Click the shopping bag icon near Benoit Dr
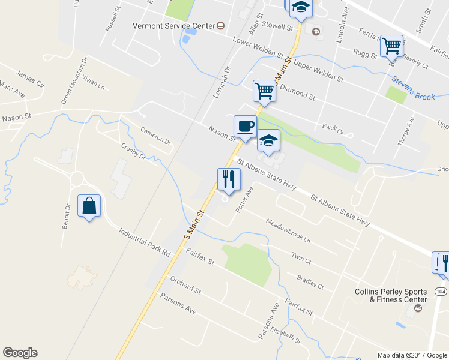(89, 206)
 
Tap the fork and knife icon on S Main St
(229, 179)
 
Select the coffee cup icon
(244, 127)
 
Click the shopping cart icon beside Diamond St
(264, 91)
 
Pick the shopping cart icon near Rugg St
(391, 46)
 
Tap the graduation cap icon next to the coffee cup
(268, 140)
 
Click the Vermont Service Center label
(173, 26)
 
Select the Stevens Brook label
(413, 88)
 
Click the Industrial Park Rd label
(145, 242)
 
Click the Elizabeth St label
(286, 336)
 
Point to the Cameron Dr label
(155, 137)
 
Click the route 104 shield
(441, 291)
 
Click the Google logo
(20, 353)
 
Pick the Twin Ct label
(301, 259)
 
